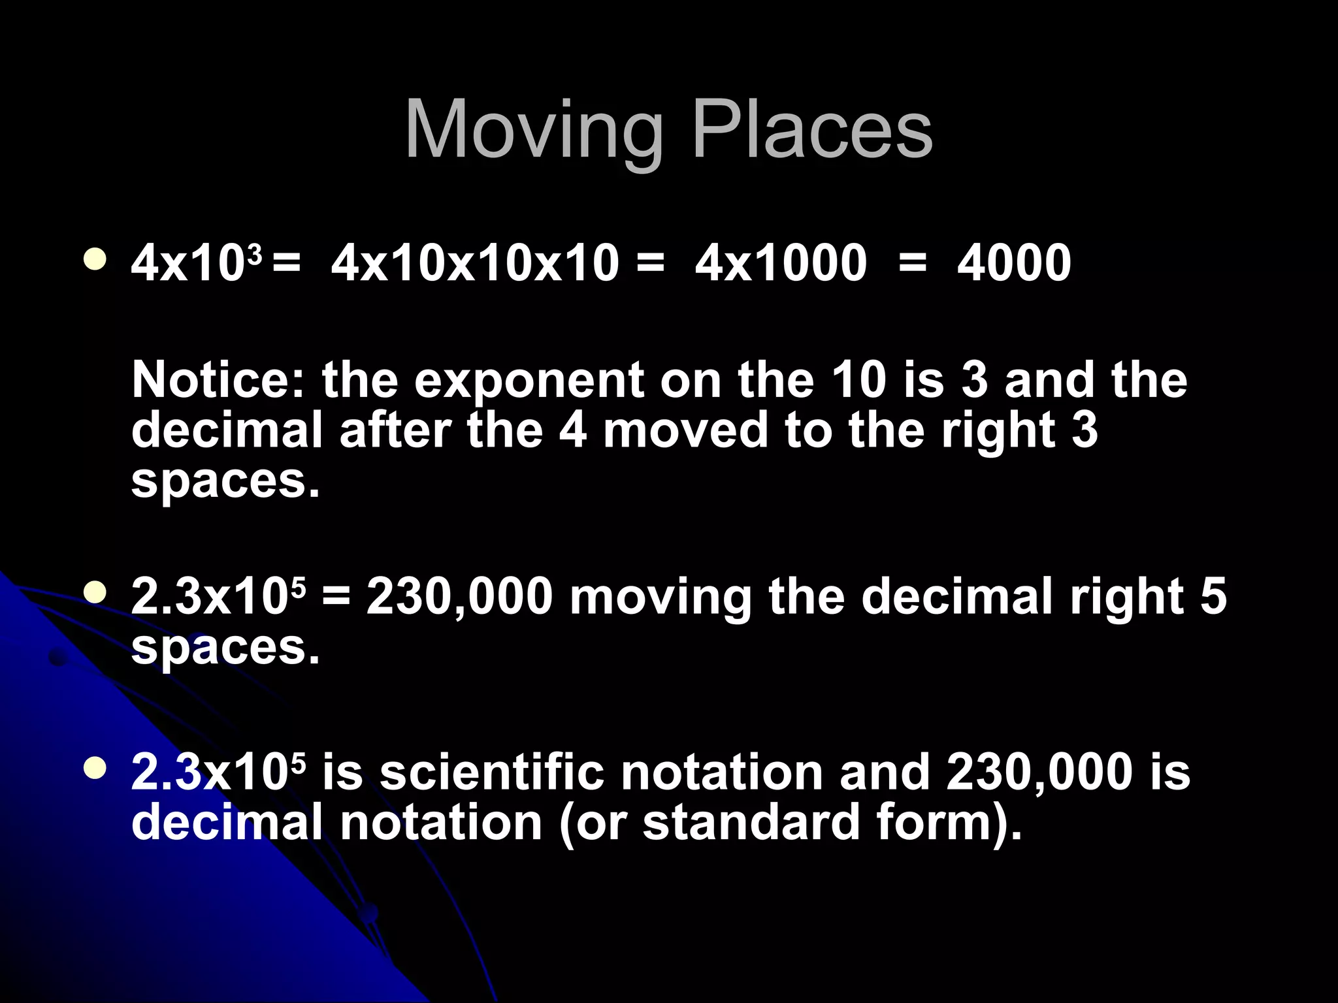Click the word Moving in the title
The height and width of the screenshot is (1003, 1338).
tap(534, 131)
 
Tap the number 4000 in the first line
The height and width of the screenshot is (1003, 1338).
tap(1014, 263)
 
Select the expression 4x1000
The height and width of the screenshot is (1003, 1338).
tap(781, 263)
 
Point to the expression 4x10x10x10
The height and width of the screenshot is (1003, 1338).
tap(475, 263)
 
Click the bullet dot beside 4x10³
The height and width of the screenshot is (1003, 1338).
tap(96, 259)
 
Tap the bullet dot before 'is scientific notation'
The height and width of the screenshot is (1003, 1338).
tap(96, 769)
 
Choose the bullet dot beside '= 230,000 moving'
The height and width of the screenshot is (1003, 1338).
tap(96, 593)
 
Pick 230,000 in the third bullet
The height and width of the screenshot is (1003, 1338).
tap(1039, 772)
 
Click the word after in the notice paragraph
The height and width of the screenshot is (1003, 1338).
tap(395, 431)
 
